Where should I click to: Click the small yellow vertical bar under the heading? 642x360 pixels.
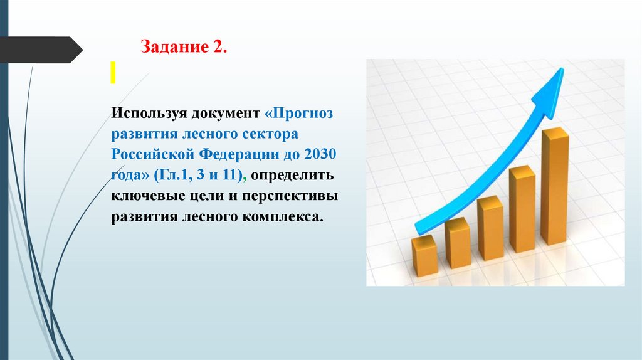point(113,73)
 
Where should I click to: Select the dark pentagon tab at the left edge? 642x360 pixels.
point(41,50)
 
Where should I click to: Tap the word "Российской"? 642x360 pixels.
point(153,155)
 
